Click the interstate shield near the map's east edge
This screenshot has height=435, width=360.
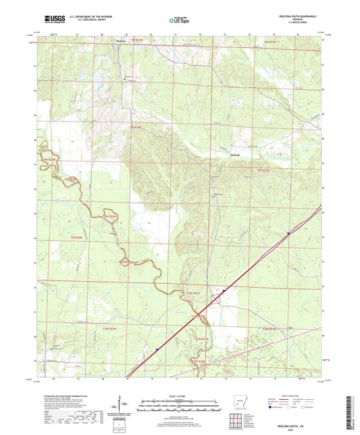(x=288, y=234)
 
